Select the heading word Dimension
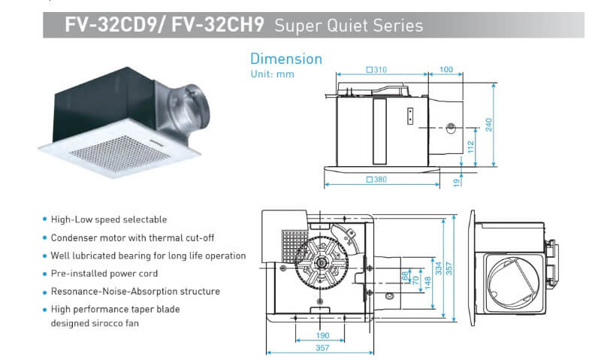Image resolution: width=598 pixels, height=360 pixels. (x=285, y=59)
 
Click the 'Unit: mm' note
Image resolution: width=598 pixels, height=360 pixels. (x=272, y=74)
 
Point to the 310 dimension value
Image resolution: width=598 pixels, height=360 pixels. (x=376, y=70)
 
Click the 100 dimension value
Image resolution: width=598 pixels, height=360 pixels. (x=446, y=70)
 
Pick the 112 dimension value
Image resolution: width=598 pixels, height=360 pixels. (x=471, y=147)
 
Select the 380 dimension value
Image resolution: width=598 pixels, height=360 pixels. (x=379, y=179)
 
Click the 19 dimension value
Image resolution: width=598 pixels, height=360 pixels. (x=458, y=180)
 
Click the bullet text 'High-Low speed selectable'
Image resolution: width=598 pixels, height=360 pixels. (x=108, y=219)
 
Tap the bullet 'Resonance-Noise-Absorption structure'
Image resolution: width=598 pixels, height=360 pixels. (x=134, y=292)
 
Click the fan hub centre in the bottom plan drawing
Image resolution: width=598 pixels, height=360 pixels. (x=322, y=264)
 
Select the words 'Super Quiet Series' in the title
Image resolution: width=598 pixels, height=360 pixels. (x=348, y=26)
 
